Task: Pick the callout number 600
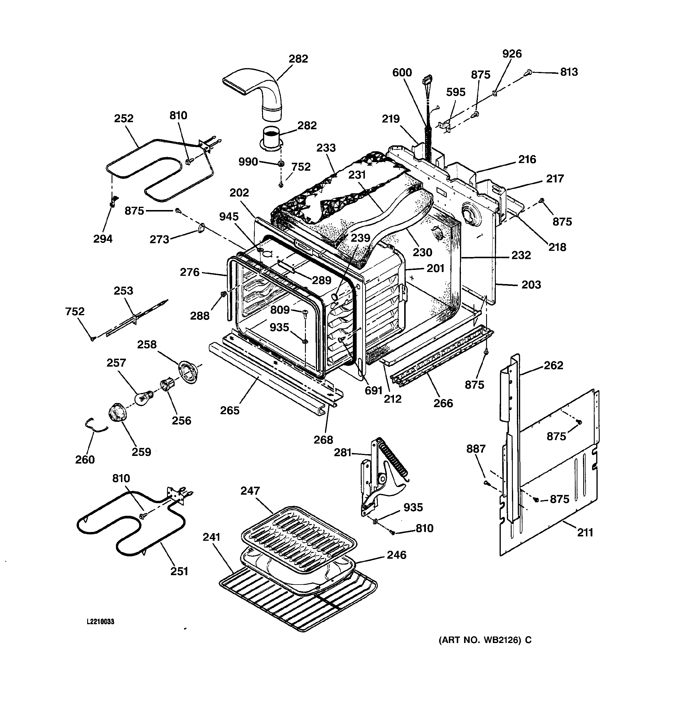point(402,73)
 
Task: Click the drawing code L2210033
point(100,622)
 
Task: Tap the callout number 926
point(512,54)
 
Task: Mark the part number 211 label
point(585,533)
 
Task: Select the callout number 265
point(230,410)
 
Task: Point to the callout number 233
point(326,148)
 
